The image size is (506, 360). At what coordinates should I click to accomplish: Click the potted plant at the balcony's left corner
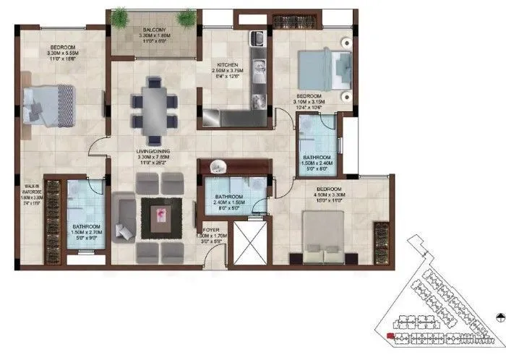(119, 17)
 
